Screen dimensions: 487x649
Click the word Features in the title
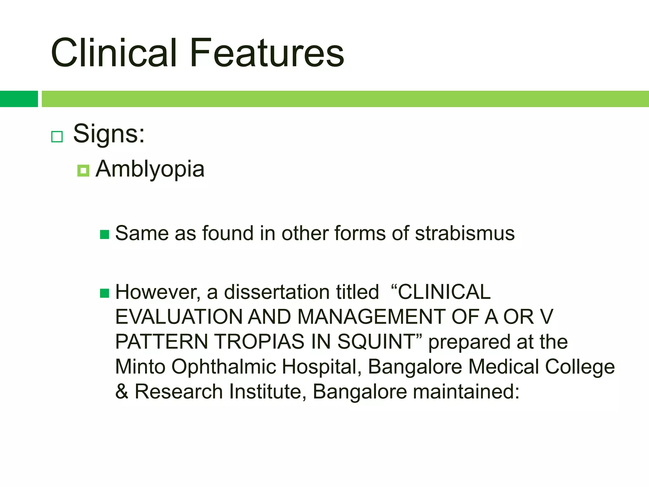click(x=267, y=53)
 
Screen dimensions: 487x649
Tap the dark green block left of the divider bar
click(x=19, y=99)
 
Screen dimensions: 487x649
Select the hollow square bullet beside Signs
click(x=57, y=137)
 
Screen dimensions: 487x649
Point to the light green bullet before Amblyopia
click(x=83, y=171)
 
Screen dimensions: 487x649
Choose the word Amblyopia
click(x=150, y=169)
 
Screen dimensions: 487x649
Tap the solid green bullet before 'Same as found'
click(x=104, y=235)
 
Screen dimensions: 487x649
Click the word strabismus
click(x=465, y=233)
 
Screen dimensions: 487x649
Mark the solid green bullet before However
click(x=104, y=293)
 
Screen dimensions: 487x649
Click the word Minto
click(x=140, y=367)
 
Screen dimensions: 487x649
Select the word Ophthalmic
click(x=223, y=367)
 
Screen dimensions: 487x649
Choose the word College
click(x=580, y=367)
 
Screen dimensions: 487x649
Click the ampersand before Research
click(x=122, y=392)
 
